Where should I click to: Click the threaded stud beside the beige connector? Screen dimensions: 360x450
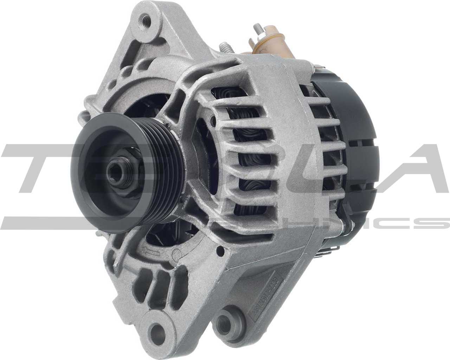tap(256, 28)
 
